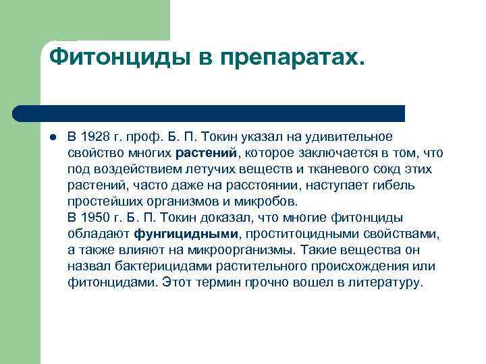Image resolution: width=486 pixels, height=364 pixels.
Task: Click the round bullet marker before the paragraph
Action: click(x=52, y=138)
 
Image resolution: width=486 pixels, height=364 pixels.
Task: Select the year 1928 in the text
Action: click(x=95, y=138)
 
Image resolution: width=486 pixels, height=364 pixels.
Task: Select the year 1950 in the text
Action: click(x=95, y=218)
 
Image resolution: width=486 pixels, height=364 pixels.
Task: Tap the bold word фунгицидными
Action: click(x=187, y=234)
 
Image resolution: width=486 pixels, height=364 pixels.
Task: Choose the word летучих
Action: click(x=212, y=169)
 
